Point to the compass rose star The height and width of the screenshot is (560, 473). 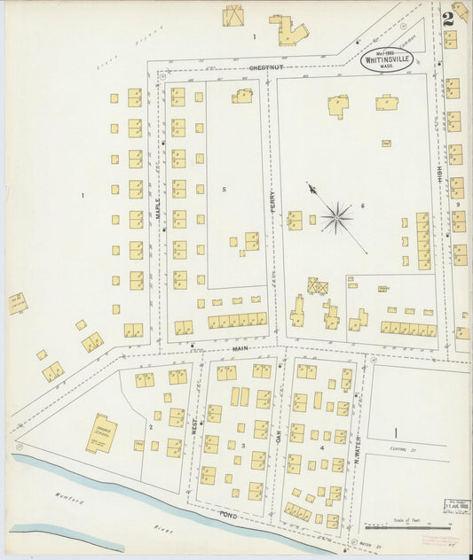[336, 217]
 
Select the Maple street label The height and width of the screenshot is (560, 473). [158, 209]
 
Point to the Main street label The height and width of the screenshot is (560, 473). [240, 348]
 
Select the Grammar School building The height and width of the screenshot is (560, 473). [100, 434]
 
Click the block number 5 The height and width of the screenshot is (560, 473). [225, 190]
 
